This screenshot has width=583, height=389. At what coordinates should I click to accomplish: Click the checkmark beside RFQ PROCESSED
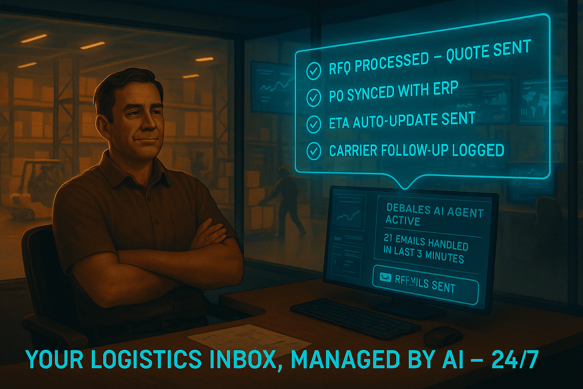314,71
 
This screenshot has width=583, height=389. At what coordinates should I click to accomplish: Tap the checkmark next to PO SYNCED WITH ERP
314,97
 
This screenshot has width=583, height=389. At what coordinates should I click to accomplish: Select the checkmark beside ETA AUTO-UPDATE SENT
314,124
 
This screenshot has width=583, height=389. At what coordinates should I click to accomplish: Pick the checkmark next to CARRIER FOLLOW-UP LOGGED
314,151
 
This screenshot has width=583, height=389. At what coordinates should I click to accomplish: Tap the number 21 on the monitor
388,238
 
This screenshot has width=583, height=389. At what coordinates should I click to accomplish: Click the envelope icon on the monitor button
385,278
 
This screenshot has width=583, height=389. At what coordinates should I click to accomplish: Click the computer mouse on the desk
443,336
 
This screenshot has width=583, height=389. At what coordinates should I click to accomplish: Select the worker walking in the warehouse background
286,201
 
